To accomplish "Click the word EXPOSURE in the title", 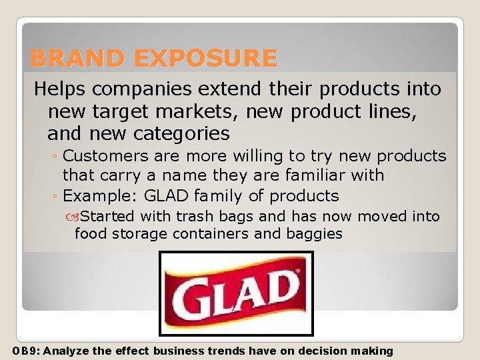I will point(205,59).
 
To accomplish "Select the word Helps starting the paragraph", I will point(60,89).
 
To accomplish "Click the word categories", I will point(181,134).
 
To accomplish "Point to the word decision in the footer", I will point(320,351).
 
